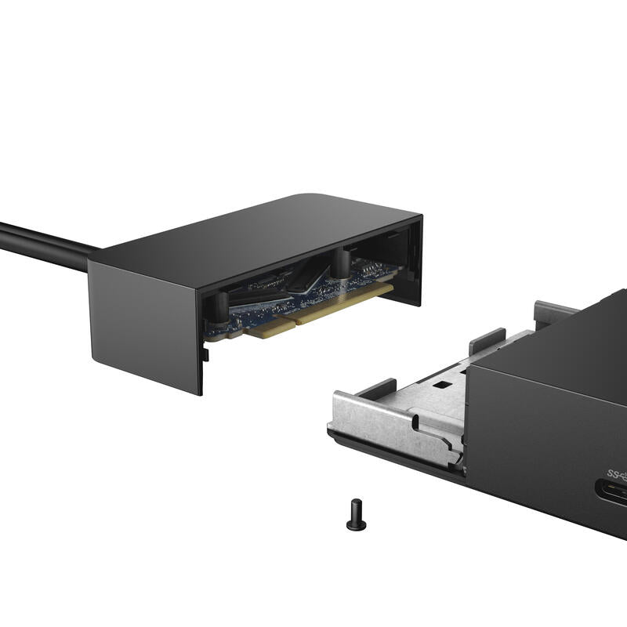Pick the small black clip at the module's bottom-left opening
(206, 355)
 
